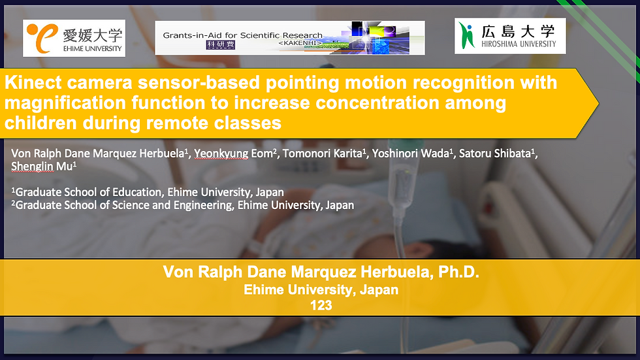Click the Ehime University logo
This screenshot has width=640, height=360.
coord(74,38)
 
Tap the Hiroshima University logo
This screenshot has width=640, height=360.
coord(510,36)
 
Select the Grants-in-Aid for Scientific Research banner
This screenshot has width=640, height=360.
coord(290,38)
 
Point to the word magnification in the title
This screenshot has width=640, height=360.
coord(65,103)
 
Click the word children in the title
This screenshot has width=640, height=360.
coord(40,122)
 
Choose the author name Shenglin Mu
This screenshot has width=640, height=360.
coord(43,167)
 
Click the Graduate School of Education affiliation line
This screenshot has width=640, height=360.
coord(148,192)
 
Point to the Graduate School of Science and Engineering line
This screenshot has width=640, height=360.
coord(182,205)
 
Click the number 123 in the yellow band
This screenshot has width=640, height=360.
coord(321,305)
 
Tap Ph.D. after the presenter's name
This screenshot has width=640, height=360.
coord(458,272)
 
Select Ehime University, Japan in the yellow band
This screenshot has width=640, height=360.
coord(321,289)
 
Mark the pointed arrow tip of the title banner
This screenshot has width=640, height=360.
coord(598,104)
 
